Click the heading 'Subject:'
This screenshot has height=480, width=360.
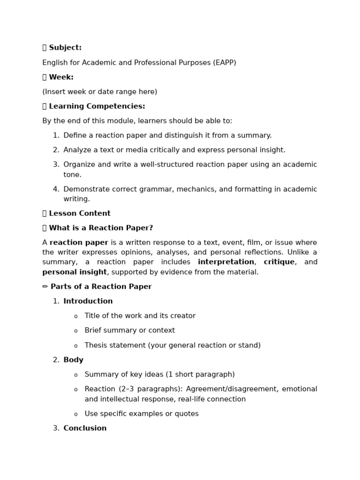(65, 48)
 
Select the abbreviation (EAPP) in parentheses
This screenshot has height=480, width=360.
(224, 63)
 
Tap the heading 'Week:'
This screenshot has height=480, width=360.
(61, 77)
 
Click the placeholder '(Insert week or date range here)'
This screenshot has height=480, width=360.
(99, 92)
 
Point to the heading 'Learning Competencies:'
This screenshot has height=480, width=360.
(97, 106)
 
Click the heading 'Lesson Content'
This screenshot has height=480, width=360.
(79, 214)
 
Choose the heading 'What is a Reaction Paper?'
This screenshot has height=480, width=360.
(101, 228)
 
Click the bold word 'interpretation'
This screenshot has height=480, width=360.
(225, 262)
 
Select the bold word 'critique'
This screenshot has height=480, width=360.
(279, 262)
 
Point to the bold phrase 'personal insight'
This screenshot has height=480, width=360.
(75, 272)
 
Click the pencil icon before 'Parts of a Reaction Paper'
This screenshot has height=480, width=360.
(45, 287)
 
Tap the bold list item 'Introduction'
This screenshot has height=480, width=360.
(88, 301)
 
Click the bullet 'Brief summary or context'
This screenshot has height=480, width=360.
(129, 330)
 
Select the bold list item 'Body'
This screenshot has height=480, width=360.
(73, 360)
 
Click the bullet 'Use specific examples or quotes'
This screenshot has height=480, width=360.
(142, 414)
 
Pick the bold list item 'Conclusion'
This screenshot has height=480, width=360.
(85, 428)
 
